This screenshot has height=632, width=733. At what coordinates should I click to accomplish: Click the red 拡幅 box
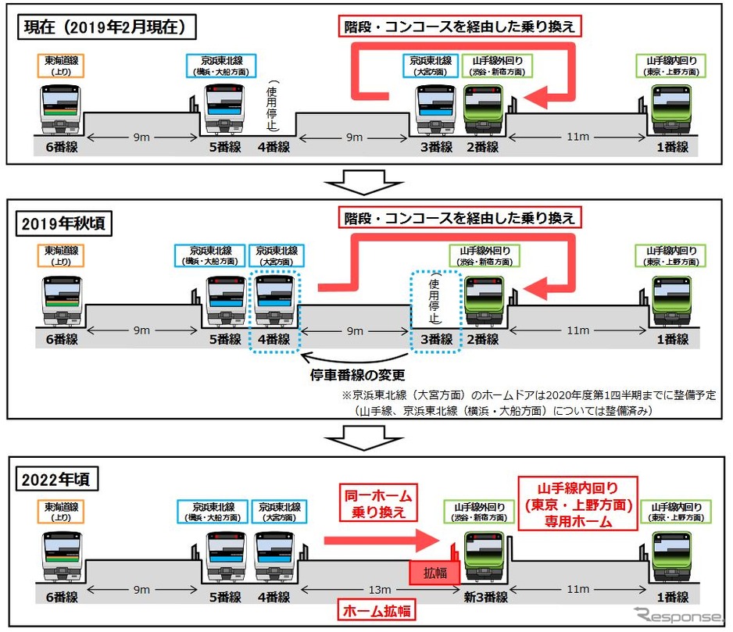coord(436,573)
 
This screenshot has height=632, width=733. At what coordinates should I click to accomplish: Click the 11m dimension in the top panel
coord(579,137)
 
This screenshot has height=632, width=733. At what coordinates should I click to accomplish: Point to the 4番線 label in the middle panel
coord(274,340)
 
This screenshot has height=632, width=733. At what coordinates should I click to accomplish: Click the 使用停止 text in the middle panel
coord(434,302)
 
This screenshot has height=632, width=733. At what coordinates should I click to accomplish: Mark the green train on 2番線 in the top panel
coord(484,110)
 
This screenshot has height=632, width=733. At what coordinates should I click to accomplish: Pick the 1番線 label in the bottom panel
coord(671,598)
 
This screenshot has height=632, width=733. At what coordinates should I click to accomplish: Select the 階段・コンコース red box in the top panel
coord(460,27)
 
